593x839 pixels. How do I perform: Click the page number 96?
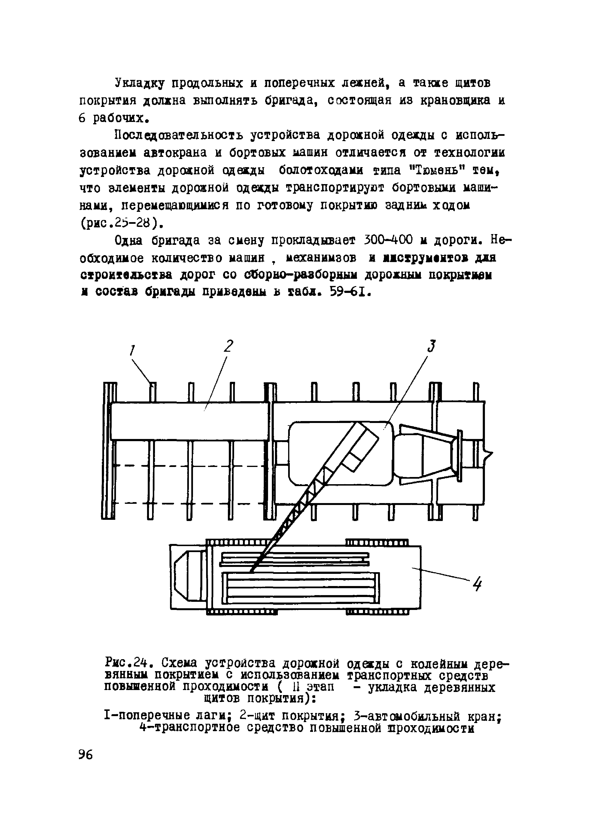tap(86, 755)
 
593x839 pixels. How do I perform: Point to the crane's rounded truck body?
tap(340, 453)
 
